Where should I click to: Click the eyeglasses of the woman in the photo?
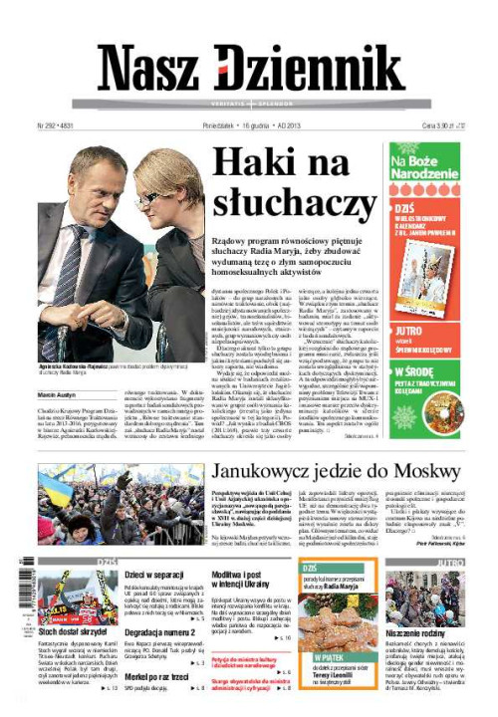click(x=149, y=197)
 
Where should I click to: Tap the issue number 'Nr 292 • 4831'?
click(x=56, y=127)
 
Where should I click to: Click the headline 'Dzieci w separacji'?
click(x=151, y=576)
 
